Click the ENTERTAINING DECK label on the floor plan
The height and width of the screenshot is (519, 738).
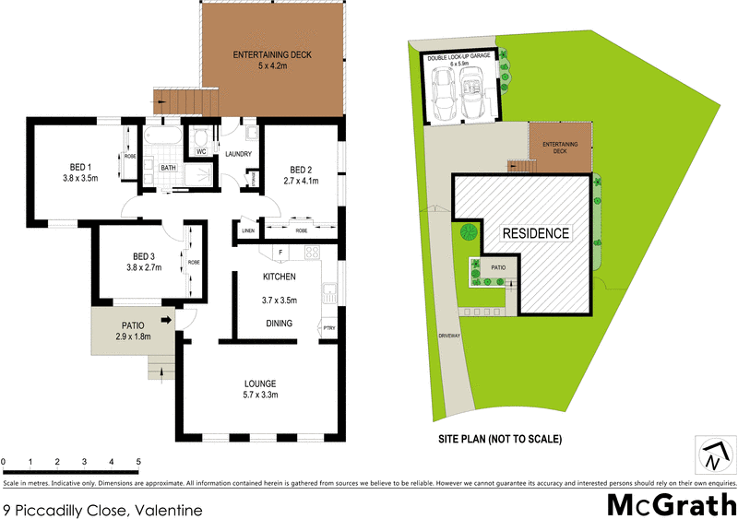(x=272, y=55)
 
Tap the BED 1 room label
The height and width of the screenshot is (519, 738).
(x=80, y=166)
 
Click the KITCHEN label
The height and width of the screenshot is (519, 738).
(x=279, y=277)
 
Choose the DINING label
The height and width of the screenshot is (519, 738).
(x=279, y=324)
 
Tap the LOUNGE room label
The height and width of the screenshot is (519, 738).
(x=261, y=383)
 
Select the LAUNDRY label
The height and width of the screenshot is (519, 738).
(x=239, y=154)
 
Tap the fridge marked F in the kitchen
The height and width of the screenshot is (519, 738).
(x=279, y=253)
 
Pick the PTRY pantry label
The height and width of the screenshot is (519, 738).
(x=329, y=327)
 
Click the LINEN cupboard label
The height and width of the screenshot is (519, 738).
(x=248, y=230)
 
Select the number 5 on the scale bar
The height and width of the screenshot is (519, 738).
(x=138, y=461)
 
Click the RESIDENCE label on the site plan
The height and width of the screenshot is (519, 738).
(x=535, y=233)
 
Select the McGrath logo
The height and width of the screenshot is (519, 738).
(x=671, y=505)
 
